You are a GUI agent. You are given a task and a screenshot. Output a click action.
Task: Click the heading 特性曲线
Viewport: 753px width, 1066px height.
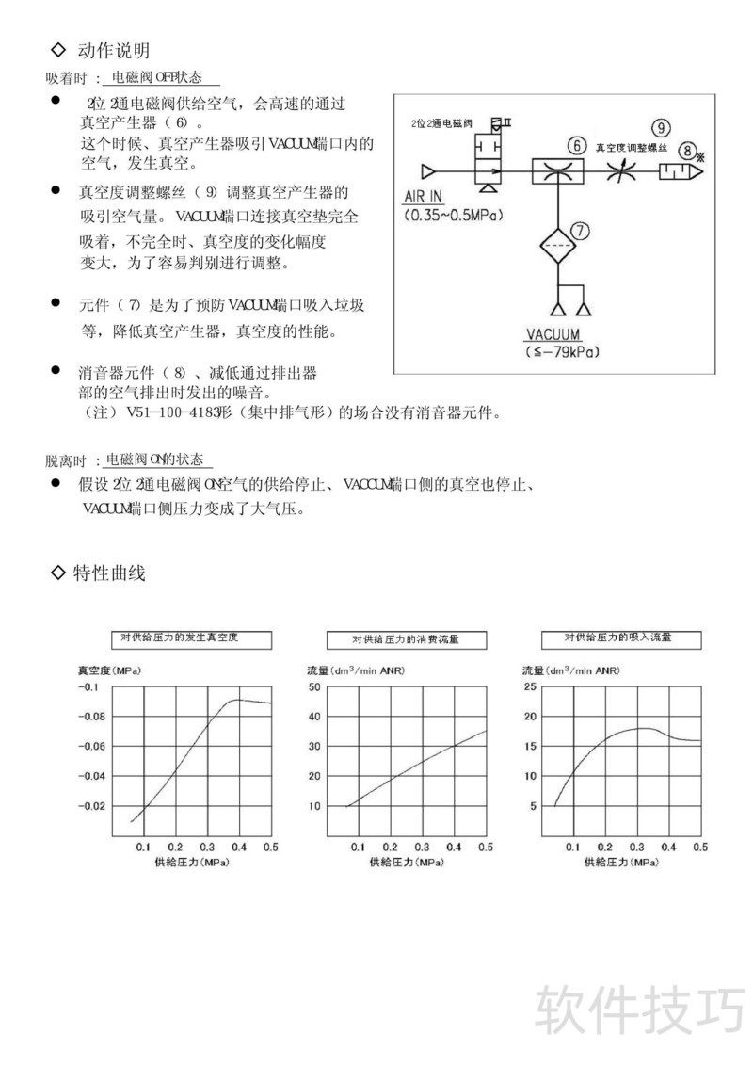tap(108, 573)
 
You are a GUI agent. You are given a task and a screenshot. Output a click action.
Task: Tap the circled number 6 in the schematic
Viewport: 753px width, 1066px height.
tap(576, 146)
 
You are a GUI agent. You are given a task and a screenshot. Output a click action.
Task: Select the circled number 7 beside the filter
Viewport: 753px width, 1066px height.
tap(581, 229)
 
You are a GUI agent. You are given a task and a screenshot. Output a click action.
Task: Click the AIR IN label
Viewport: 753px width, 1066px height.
tap(423, 197)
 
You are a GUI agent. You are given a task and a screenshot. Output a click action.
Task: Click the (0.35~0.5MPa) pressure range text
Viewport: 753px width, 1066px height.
tap(451, 215)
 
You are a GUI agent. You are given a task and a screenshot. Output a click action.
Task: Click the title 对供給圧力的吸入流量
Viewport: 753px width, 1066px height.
tap(618, 638)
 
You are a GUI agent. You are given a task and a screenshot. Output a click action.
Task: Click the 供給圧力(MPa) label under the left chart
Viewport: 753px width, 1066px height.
tap(194, 862)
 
